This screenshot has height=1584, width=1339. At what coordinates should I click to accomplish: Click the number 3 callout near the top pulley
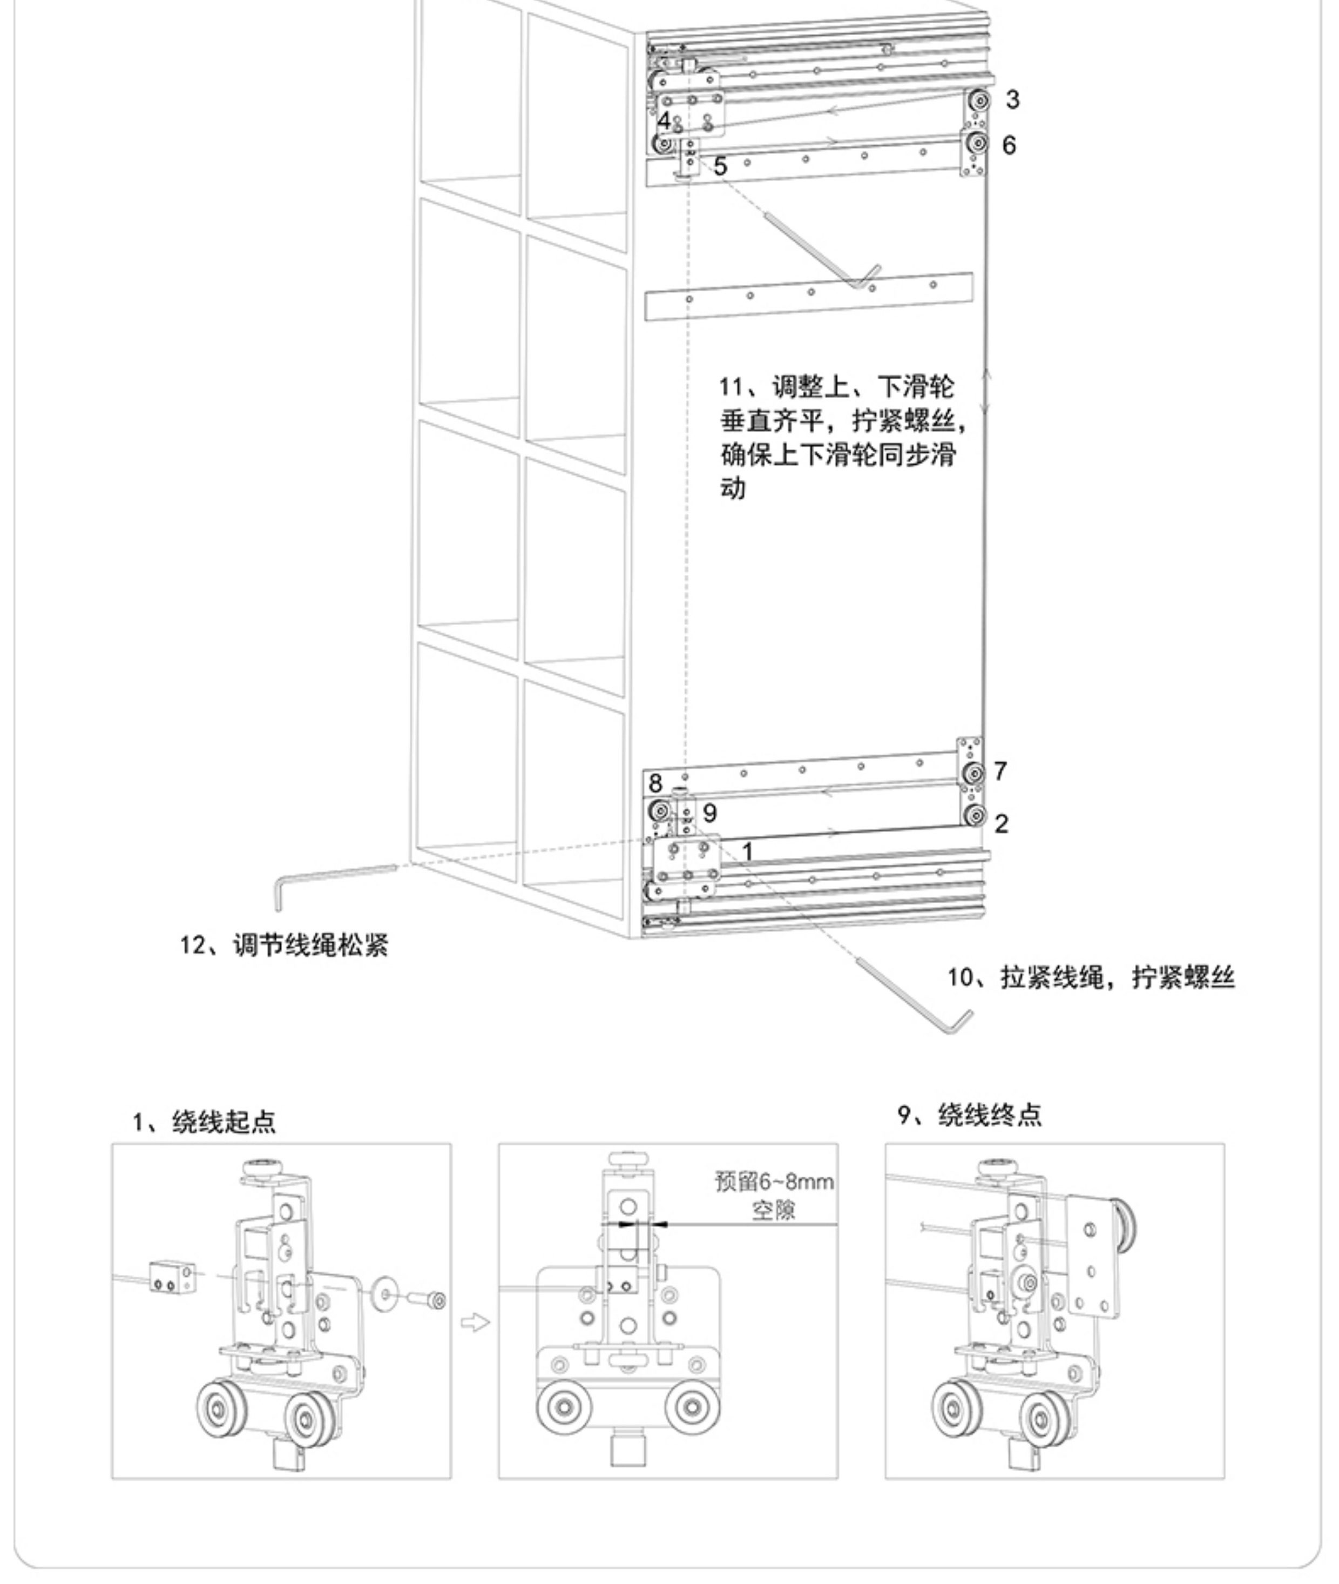point(1012,99)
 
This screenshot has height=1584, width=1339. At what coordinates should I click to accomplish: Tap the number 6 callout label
point(1009,145)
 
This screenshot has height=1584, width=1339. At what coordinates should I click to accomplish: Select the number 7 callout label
point(1000,771)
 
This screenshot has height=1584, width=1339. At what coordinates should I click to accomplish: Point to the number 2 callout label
point(1001,823)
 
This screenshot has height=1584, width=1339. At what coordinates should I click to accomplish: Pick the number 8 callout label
point(655,783)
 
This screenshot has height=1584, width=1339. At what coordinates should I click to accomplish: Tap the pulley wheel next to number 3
point(979,100)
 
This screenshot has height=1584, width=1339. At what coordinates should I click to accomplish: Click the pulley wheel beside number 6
point(978,142)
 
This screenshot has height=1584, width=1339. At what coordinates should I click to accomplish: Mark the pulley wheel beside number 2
point(975,816)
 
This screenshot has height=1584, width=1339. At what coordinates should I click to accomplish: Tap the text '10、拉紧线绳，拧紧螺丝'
point(1091,977)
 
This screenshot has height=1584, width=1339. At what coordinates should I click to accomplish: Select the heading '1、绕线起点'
point(204,1122)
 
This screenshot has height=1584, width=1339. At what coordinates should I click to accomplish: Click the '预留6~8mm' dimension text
point(774,1182)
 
